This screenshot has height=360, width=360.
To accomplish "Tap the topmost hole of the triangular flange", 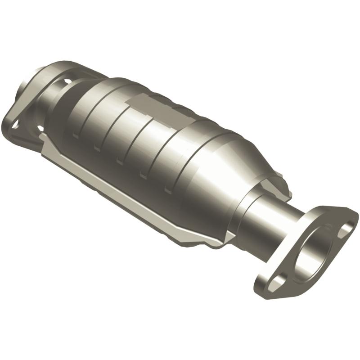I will coord(67,82).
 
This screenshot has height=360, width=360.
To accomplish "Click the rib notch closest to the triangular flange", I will coord(74,132).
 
